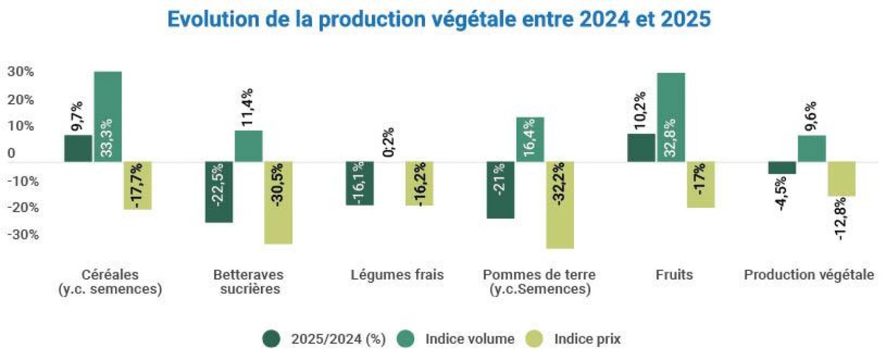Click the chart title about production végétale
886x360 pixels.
coord(439,19)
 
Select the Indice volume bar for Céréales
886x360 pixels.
coord(108,116)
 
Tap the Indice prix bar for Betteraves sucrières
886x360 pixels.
coord(278,202)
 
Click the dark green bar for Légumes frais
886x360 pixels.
coord(359,183)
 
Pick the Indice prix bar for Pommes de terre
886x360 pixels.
coord(559,204)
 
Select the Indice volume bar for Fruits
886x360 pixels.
coord(671,117)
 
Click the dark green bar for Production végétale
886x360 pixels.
coord(782,167)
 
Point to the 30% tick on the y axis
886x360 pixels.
coord(20,72)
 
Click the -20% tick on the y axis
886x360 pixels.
coord(23,208)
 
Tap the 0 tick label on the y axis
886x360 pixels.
coord(11,153)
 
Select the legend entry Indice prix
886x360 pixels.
coord(587,339)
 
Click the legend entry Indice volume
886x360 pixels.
coord(469,339)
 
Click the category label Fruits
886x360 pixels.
coord(674,275)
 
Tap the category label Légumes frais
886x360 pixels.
coord(397,275)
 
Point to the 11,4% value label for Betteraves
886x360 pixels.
coord(248,107)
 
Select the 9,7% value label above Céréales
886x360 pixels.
coord(77,116)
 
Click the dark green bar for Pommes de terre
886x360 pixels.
coord(500,189)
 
